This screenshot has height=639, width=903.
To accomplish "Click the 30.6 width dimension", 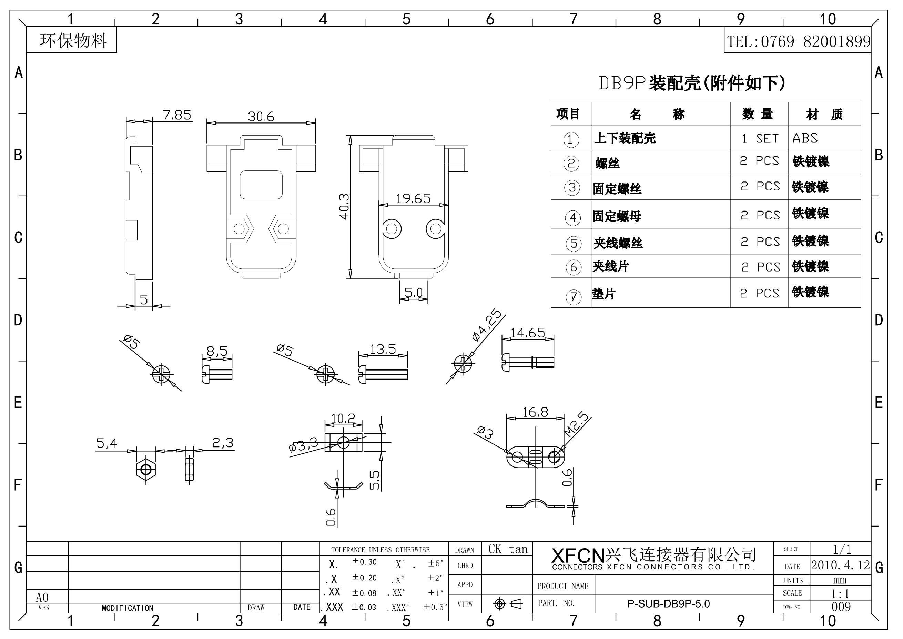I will point(261,117).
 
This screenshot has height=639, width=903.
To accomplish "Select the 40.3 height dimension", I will point(344,206).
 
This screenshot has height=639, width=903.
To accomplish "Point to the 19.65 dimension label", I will point(413,198).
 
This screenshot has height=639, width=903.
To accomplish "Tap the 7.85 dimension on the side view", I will point(177,115).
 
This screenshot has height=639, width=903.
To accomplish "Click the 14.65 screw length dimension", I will point(527,333).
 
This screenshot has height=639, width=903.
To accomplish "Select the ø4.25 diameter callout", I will point(487,326).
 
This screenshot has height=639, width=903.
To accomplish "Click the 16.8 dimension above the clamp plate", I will point(535,412).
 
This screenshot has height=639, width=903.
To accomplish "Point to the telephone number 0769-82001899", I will point(798,41).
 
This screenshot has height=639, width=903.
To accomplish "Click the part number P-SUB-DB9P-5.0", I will point(669,603).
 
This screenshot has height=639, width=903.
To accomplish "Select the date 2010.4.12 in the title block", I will point(841,565).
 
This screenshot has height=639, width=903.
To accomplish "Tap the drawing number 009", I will point(841,607).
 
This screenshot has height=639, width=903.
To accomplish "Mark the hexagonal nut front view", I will point(146,469).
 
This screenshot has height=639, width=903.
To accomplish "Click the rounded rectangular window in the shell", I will point(261,185).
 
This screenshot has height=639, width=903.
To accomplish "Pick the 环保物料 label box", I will point(73,40).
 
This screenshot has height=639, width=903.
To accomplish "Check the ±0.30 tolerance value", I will point(364,562).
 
